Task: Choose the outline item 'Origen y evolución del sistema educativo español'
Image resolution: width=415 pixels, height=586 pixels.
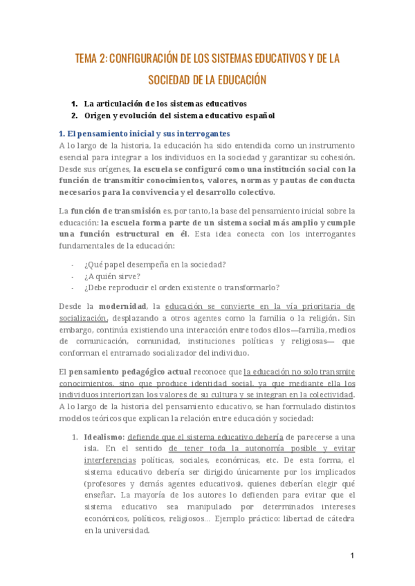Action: [x=179, y=115]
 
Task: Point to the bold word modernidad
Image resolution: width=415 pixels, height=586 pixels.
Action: [x=122, y=305]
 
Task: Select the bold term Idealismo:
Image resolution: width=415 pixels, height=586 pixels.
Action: [x=104, y=437]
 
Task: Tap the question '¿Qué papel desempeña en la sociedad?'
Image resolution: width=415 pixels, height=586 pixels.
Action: [x=155, y=264]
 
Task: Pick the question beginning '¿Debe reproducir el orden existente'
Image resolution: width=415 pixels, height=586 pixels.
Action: [x=181, y=287]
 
